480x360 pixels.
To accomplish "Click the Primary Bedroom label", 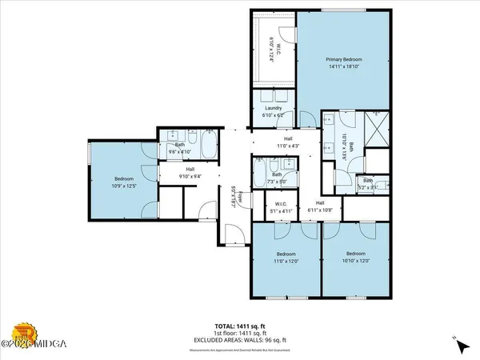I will (344, 60).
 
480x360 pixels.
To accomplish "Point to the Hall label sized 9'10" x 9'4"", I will (190, 169).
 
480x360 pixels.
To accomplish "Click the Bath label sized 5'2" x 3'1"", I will (367, 181).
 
